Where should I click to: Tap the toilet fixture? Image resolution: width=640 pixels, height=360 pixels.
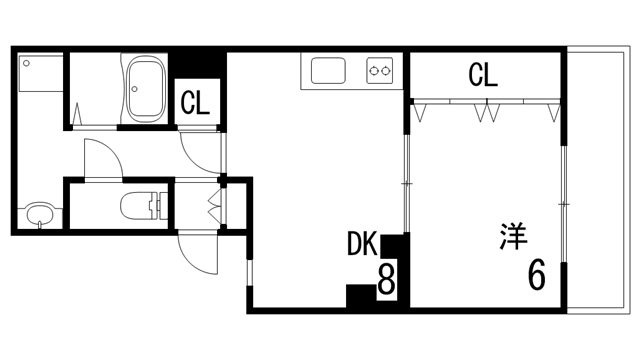tap(144, 205)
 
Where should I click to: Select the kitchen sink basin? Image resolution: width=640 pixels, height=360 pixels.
tap(328, 71)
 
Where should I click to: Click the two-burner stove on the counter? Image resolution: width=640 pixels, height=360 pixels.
tap(380, 71)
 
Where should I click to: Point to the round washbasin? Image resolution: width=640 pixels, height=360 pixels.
tap(39, 215)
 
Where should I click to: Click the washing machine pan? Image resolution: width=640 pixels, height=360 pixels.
tap(41, 73)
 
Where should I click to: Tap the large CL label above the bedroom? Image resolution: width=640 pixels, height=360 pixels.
tap(483, 74)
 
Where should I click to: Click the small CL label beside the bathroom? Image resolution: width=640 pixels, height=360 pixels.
tap(195, 103)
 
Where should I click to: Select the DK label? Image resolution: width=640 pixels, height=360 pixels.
tap(362, 244)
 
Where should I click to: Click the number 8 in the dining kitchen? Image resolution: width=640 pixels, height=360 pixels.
tap(386, 280)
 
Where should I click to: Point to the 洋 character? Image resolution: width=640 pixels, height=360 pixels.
tap(513, 236)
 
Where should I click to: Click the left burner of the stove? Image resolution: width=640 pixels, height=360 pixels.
tap(373, 71)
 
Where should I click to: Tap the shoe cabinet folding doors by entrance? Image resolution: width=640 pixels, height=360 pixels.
tap(215, 205)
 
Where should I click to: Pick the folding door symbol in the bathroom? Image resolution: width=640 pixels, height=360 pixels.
tap(79, 114)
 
